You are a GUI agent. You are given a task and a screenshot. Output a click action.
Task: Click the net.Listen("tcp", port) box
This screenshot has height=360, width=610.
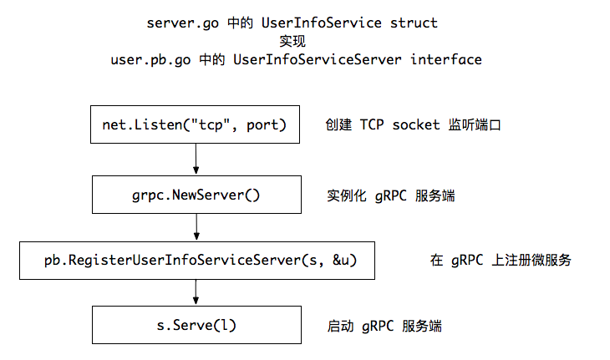point(195,125)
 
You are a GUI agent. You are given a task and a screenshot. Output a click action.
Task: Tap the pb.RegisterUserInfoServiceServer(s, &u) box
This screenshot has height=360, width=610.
point(195,260)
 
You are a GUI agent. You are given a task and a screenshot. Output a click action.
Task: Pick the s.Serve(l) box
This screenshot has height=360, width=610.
point(195,325)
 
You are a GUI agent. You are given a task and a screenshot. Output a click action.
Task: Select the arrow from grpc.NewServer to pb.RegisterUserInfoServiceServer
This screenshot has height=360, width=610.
point(195,226)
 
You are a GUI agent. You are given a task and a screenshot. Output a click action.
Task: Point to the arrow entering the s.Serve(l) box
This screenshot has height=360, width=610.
point(195,292)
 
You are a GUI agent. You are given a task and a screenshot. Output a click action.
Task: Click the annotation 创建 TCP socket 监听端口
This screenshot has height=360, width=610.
point(413,125)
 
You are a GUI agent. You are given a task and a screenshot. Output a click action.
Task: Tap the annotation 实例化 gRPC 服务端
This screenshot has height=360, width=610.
point(390,195)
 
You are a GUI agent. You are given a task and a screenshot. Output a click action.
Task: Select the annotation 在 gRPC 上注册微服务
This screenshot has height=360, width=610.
point(501,261)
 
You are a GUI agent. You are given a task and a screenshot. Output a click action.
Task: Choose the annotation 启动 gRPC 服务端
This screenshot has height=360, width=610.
point(384,326)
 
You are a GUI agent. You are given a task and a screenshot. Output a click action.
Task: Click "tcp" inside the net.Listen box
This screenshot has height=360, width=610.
point(215,125)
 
